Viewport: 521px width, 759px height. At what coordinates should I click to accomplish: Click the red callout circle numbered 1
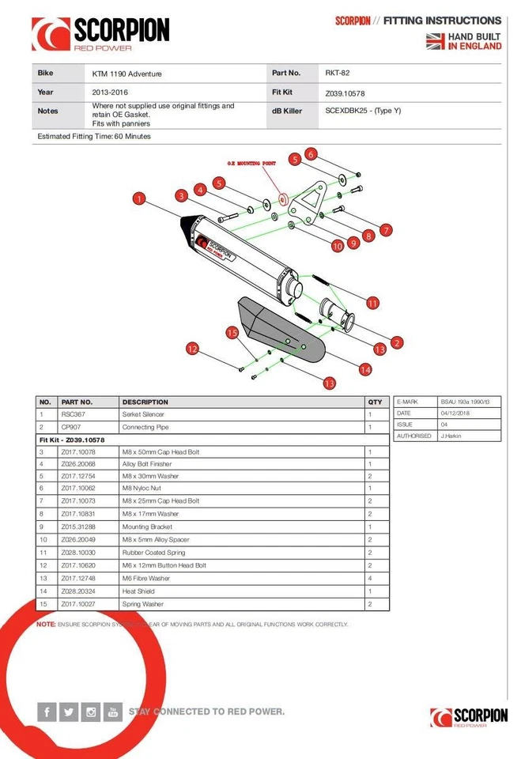(139, 199)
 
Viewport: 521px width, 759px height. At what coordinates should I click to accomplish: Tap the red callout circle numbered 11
(372, 303)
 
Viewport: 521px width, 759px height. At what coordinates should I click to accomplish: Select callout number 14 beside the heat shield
(365, 368)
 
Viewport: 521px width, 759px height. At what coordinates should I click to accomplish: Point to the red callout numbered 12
(191, 348)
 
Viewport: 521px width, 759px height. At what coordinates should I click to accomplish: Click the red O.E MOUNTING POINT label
(251, 163)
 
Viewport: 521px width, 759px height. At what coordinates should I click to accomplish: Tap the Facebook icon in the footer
(47, 712)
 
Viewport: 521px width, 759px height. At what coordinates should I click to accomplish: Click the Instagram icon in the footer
(91, 712)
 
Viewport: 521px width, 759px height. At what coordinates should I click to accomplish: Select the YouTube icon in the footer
(113, 712)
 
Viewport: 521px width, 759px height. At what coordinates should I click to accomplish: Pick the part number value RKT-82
(338, 74)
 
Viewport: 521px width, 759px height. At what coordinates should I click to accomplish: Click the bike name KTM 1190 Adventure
(126, 74)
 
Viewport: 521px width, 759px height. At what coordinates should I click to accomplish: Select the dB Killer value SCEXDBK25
(363, 111)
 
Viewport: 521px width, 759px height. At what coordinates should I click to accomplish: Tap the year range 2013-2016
(111, 93)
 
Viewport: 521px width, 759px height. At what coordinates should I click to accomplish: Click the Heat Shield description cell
(139, 591)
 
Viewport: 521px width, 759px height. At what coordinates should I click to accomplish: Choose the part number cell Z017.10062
(78, 488)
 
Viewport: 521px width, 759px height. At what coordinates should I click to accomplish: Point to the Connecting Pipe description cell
(145, 427)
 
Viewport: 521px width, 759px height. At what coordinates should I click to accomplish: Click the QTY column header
(375, 402)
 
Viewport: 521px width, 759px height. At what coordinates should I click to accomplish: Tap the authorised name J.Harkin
(453, 436)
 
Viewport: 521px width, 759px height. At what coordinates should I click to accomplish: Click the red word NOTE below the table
(46, 625)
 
